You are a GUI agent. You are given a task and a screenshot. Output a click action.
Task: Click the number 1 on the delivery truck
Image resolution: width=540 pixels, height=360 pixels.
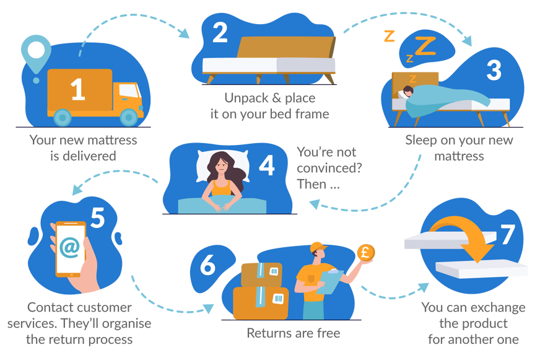click(x=78, y=89)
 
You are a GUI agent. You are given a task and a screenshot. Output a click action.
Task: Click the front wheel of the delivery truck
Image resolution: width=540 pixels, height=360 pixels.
click(x=129, y=117)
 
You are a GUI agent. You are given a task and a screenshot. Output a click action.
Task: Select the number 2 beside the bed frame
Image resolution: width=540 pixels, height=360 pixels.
click(x=220, y=32)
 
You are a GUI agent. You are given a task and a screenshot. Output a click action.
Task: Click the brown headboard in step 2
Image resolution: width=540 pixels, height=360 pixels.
click(x=286, y=47)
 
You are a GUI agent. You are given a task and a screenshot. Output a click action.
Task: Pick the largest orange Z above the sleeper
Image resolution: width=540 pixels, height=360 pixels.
click(x=425, y=46)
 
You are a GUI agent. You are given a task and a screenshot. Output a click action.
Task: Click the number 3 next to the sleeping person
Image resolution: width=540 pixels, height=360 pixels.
click(x=494, y=70)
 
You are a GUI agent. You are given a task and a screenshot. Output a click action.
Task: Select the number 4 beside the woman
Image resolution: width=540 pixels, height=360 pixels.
click(x=267, y=165)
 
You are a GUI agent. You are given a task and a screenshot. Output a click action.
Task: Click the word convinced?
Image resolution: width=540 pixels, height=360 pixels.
click(x=329, y=168)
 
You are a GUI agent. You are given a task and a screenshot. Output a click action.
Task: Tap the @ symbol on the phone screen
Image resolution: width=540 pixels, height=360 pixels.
click(x=70, y=247)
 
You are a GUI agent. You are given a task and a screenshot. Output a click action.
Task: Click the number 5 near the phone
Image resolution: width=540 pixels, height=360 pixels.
click(x=98, y=217)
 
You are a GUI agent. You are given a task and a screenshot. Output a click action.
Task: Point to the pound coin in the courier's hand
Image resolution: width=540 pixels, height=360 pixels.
click(x=366, y=253)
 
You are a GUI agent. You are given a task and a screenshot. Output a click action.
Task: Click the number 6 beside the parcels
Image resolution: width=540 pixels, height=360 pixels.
click(x=207, y=265)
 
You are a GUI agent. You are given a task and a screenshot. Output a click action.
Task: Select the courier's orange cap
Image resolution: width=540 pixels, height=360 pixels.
click(x=318, y=247)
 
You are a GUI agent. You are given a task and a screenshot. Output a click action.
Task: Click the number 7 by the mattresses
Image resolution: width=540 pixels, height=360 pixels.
click(x=508, y=235)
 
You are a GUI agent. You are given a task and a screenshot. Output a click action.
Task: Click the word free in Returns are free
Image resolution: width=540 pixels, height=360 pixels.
click(x=328, y=333)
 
